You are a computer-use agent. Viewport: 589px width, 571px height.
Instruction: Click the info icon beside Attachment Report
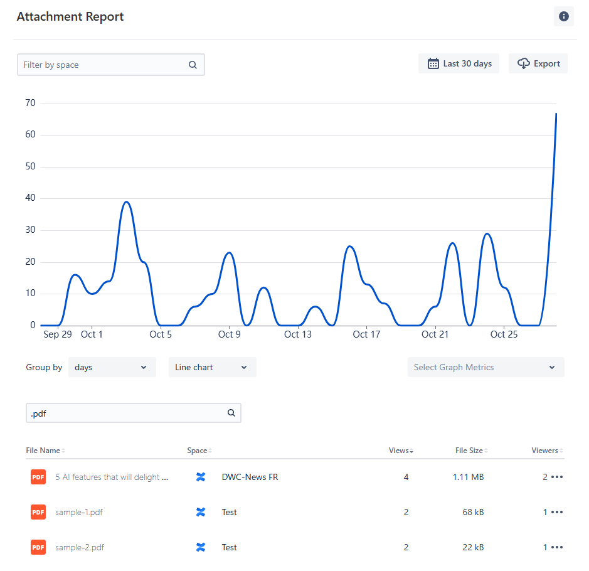pos(563,16)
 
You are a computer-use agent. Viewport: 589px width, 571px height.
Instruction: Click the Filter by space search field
pos(103,65)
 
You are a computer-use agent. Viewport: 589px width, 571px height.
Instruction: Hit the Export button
pos(538,63)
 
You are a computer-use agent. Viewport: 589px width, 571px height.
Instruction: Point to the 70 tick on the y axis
pos(29,103)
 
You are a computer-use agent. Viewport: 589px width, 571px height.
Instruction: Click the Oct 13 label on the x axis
pos(297,334)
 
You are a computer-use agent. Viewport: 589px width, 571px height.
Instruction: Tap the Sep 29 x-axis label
pos(58,334)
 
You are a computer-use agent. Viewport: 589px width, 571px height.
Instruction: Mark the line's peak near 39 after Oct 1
pos(127,202)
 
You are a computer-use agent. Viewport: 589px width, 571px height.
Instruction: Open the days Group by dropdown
pos(112,367)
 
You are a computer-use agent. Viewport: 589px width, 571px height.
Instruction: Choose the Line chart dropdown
pos(212,367)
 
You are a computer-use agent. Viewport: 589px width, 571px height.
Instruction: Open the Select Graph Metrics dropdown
pos(486,367)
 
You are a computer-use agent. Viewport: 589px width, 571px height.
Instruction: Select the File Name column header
pos(43,451)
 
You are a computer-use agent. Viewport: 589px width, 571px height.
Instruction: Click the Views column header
pos(399,451)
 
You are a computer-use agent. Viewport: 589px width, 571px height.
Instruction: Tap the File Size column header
pos(469,451)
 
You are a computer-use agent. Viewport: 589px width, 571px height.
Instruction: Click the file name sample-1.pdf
pos(79,512)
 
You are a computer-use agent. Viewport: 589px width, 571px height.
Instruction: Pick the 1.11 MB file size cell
pos(468,477)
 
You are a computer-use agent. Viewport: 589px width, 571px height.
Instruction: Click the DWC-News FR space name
pos(250,477)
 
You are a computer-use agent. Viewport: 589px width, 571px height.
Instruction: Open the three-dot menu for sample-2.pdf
pos(556,547)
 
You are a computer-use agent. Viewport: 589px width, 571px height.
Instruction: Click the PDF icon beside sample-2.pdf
pos(38,547)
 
